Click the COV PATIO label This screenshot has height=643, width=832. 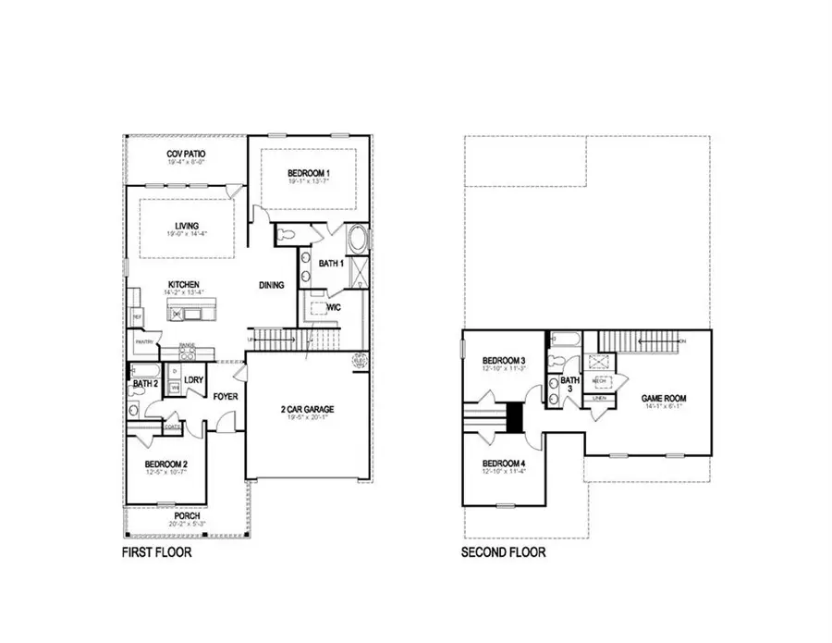(x=186, y=154)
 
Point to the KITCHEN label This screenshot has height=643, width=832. (x=184, y=285)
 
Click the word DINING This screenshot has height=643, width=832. (x=271, y=286)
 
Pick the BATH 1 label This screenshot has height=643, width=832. (x=330, y=264)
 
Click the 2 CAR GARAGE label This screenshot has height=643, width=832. (x=308, y=409)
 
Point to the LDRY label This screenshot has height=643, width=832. (x=193, y=380)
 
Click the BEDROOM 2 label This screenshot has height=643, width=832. (x=166, y=464)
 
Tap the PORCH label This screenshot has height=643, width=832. (x=186, y=515)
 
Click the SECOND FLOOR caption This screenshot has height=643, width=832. (x=503, y=553)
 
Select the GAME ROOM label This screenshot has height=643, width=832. (x=664, y=399)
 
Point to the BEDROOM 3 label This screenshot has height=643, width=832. (x=504, y=361)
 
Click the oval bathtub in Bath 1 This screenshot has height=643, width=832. (x=356, y=241)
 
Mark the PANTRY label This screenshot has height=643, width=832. (x=144, y=342)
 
